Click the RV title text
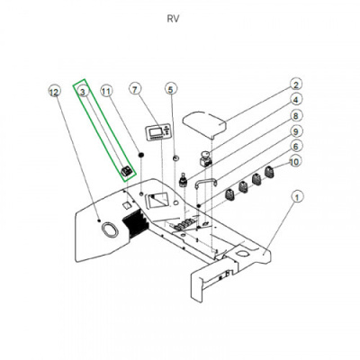[173, 19]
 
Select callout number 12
[54, 92]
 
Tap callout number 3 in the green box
[84, 91]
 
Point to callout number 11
[106, 91]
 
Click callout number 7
[135, 89]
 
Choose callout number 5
[171, 89]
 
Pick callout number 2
[296, 85]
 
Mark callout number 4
[296, 100]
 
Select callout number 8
[296, 115]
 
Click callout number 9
[296, 131]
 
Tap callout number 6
[296, 147]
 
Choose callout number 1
[297, 197]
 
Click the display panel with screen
[158, 132]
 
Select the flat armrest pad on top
[204, 123]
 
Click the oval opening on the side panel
[109, 230]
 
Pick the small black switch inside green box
[127, 171]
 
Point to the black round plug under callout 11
[140, 155]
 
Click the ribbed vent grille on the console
[135, 222]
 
